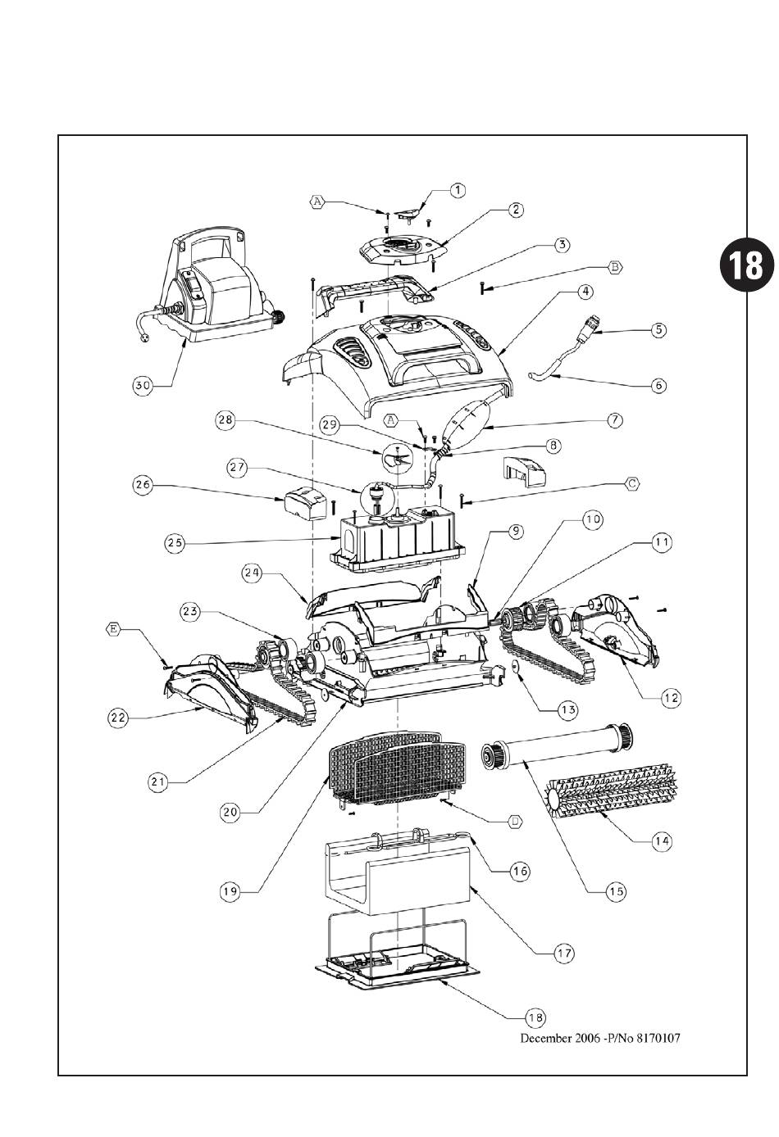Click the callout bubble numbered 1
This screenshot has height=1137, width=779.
coord(457,190)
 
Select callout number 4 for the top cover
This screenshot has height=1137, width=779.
coord(585,291)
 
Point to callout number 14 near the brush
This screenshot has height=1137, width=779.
coord(660,840)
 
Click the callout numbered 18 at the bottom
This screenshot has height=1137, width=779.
coord(535,1017)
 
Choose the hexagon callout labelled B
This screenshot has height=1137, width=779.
coord(615,266)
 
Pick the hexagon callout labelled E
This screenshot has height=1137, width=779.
coord(114,629)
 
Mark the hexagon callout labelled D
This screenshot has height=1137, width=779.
coord(513,822)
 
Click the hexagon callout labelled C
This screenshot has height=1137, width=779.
coord(631,484)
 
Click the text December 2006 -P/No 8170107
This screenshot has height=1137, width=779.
coord(600,1037)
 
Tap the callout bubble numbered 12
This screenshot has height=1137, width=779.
coord(671,697)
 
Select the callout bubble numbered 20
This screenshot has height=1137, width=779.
coord(230,811)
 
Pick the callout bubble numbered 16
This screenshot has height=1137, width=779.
coord(518,872)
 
